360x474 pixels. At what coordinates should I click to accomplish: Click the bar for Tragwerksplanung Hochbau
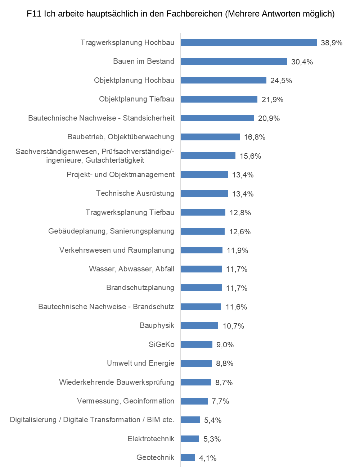pyautogui.click(x=249, y=43)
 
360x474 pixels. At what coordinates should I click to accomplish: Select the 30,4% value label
pyautogui.click(x=302, y=62)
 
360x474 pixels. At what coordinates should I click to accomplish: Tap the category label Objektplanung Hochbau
pyautogui.click(x=134, y=80)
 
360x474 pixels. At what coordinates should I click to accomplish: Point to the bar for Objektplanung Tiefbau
pyautogui.click(x=219, y=99)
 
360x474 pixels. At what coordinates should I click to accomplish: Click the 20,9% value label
pyautogui.click(x=269, y=118)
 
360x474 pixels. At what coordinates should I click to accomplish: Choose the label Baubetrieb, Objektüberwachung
pyautogui.click(x=121, y=137)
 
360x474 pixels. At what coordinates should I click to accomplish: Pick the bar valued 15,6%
pyautogui.click(x=208, y=156)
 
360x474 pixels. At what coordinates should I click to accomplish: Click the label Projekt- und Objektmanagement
pyautogui.click(x=121, y=175)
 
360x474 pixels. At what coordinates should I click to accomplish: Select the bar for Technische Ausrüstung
pyautogui.click(x=204, y=194)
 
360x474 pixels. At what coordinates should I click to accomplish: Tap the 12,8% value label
pyautogui.click(x=240, y=213)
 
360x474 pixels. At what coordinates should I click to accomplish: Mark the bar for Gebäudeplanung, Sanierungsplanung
pyautogui.click(x=203, y=231)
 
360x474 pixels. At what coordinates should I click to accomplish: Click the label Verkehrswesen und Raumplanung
pyautogui.click(x=117, y=250)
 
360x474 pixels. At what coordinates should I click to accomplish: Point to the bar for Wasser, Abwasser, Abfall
pyautogui.click(x=201, y=269)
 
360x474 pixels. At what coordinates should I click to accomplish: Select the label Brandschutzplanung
pyautogui.click(x=140, y=288)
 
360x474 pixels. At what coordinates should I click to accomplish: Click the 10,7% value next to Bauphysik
pyautogui.click(x=234, y=326)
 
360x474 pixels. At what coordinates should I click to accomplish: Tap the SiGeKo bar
pyautogui.click(x=197, y=344)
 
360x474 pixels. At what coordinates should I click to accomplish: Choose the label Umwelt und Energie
pyautogui.click(x=140, y=363)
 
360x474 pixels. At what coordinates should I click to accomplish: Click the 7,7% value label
pyautogui.click(x=220, y=401)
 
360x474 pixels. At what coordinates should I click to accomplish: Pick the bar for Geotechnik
pyautogui.click(x=188, y=458)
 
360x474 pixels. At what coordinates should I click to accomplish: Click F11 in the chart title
pyautogui.click(x=34, y=14)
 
